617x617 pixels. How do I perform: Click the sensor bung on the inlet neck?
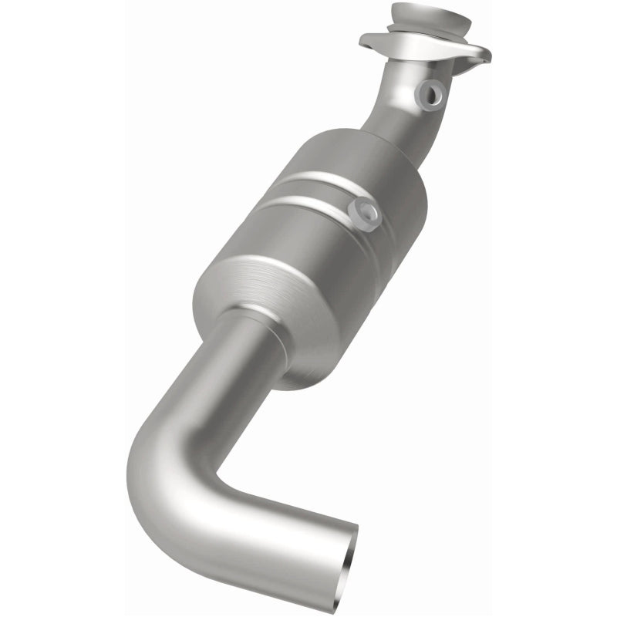pyautogui.click(x=429, y=94)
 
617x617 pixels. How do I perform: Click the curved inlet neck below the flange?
pyautogui.click(x=401, y=108)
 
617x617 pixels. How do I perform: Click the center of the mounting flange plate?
pyautogui.click(x=424, y=46)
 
